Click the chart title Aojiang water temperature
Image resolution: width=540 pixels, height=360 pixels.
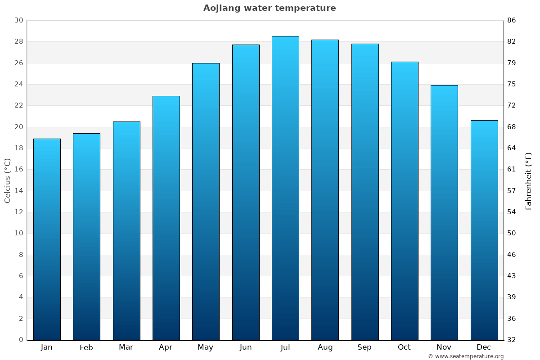(270, 8)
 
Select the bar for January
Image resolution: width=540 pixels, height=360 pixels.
(47, 239)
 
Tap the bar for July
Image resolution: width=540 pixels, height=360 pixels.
(285, 188)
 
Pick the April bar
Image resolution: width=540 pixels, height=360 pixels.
(166, 218)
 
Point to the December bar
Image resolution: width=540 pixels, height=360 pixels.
(484, 230)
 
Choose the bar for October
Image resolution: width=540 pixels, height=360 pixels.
(405, 201)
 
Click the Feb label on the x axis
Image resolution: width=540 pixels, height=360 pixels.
(86, 347)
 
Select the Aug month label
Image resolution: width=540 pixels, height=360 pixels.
(325, 347)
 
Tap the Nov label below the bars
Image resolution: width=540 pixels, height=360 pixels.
(444, 347)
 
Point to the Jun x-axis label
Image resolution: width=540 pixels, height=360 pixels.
(246, 347)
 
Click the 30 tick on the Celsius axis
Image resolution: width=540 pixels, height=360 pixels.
(18, 21)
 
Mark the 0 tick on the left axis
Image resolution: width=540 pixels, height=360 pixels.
(21, 340)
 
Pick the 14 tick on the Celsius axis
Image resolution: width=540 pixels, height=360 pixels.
(18, 191)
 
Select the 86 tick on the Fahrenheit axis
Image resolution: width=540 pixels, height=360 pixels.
(512, 21)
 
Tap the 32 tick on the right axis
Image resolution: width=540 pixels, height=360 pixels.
(512, 340)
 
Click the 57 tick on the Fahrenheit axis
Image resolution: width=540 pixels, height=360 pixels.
(512, 191)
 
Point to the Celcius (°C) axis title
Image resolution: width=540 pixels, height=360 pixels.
(8, 180)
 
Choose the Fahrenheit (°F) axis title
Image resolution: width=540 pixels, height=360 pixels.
(529, 180)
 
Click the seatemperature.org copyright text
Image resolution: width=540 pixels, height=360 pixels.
(466, 356)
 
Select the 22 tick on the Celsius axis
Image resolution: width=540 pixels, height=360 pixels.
(18, 106)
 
